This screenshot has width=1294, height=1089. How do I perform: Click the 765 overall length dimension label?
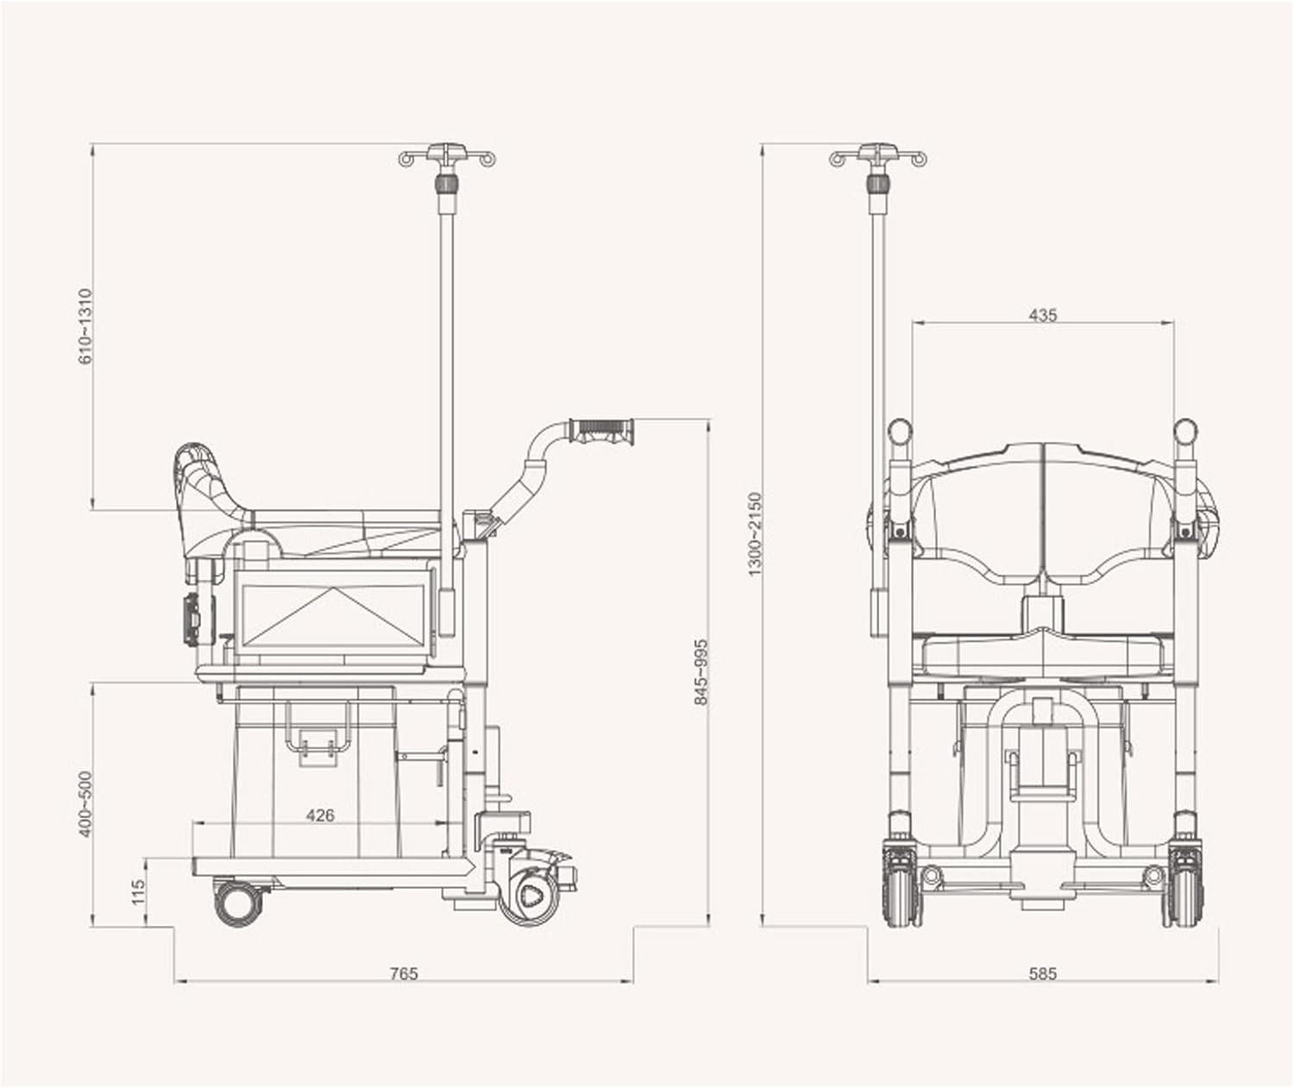pyautogui.click(x=403, y=973)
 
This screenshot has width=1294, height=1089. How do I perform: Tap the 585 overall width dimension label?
pyautogui.click(x=1042, y=973)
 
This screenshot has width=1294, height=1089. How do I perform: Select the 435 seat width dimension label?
pyautogui.click(x=1042, y=315)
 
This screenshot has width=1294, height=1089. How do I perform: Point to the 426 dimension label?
pyautogui.click(x=320, y=815)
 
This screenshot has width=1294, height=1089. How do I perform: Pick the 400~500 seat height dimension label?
pyautogui.click(x=85, y=803)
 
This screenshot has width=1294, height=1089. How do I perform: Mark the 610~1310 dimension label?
pyautogui.click(x=85, y=326)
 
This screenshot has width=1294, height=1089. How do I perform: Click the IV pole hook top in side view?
pyautogui.click(x=447, y=156)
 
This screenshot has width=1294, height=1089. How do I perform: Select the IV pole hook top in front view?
pyautogui.click(x=878, y=156)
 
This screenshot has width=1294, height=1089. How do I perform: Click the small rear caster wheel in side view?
pyautogui.click(x=239, y=902)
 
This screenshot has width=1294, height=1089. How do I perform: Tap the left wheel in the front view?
pyautogui.click(x=901, y=889)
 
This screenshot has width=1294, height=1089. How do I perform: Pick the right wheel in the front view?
pyautogui.click(x=1183, y=889)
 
